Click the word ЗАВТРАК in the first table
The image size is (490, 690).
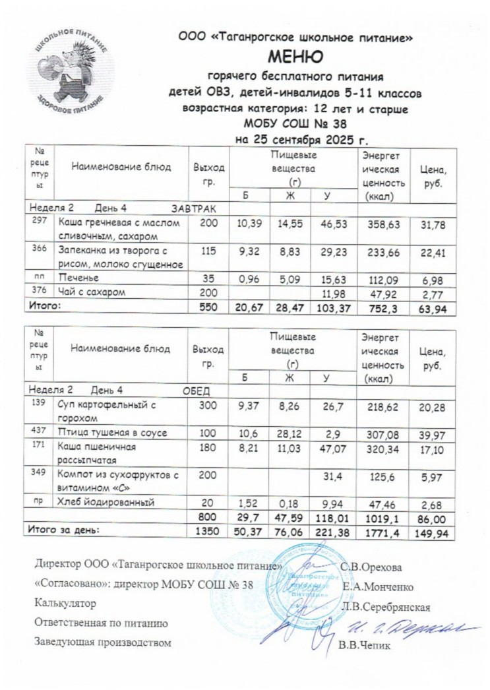pyautogui.click(x=194, y=208)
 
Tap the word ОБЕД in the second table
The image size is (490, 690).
pyautogui.click(x=195, y=389)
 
